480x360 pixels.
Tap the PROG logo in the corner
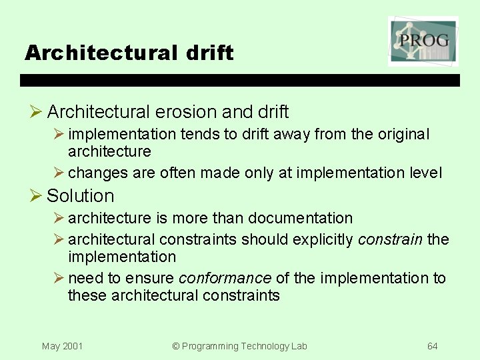[423, 41]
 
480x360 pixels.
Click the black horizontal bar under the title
[240, 80]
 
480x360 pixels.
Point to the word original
[403, 134]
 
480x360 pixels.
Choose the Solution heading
[81, 196]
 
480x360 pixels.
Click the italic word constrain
[390, 239]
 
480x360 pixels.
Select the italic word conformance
[225, 278]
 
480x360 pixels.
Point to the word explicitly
[322, 239]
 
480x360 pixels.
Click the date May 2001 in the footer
[62, 346]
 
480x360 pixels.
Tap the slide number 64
[433, 346]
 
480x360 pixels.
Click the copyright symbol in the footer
[176, 346]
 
